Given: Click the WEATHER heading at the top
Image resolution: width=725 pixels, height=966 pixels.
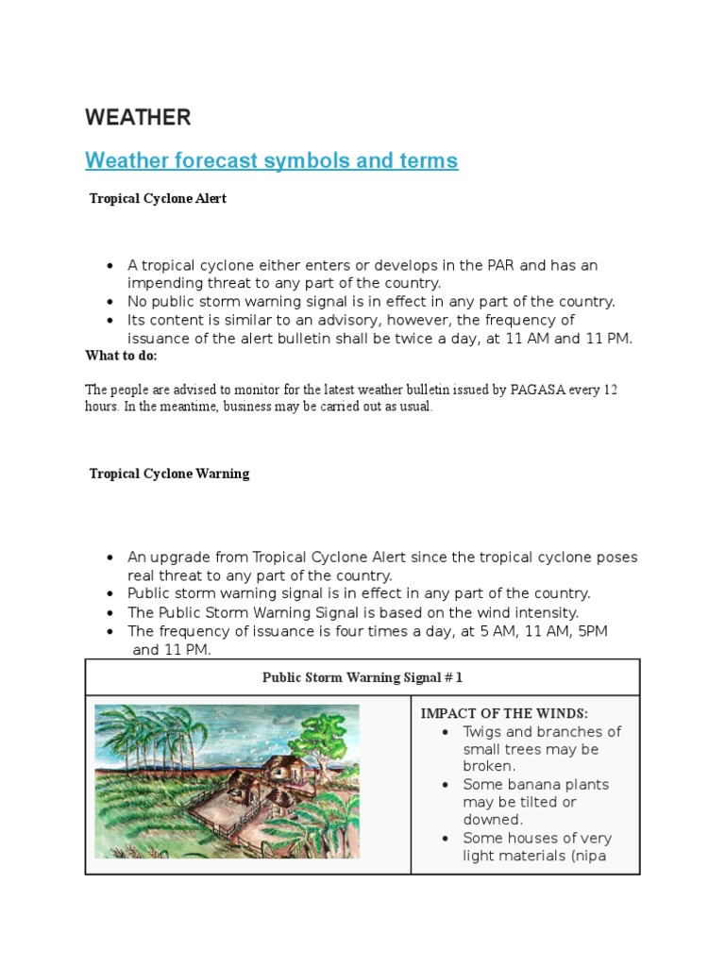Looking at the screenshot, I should click(x=138, y=118).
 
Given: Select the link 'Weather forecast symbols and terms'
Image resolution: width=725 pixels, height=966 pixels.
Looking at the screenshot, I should click(x=271, y=160).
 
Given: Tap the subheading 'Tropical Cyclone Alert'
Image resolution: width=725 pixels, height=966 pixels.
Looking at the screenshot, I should click(x=158, y=199).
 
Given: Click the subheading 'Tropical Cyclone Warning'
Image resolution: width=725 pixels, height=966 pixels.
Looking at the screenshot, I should click(x=169, y=474).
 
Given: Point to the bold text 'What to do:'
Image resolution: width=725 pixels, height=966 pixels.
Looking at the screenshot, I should click(x=121, y=356).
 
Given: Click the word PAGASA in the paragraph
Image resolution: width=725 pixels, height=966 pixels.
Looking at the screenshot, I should click(x=550, y=390).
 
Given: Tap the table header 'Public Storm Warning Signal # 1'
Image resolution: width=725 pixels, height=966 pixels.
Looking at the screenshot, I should click(x=362, y=677).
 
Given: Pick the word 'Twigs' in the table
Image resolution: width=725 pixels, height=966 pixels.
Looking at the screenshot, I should click(x=482, y=731).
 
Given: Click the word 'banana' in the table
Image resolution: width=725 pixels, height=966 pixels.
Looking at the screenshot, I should click(x=538, y=785).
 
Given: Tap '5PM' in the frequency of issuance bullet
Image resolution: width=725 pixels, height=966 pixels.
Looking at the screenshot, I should click(x=588, y=630).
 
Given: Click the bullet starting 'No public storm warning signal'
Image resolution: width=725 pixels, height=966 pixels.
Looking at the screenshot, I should click(x=371, y=302).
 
